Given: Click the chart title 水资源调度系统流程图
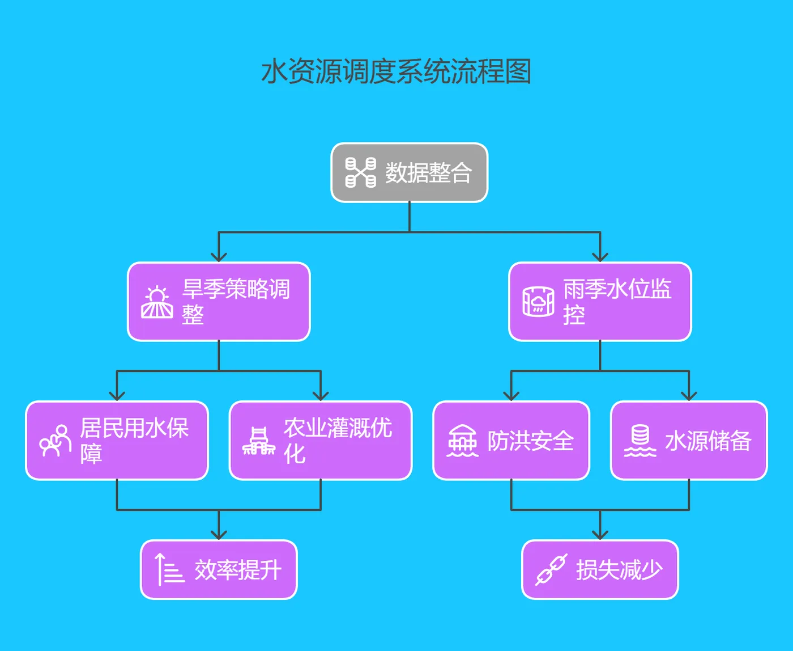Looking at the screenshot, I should [396, 72].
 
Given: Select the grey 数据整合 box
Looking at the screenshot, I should [409, 172].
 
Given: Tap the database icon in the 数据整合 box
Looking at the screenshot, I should [361, 172].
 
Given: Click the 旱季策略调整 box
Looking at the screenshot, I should [219, 301].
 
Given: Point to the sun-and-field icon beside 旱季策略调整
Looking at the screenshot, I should [157, 302].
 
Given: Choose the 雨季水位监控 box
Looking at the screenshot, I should [600, 301].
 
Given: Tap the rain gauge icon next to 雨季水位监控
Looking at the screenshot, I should [538, 302].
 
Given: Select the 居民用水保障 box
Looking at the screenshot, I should [117, 441].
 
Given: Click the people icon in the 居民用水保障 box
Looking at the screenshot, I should [54, 441].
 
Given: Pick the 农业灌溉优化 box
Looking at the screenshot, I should [321, 441].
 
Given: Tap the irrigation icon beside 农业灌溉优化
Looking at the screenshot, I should [259, 441].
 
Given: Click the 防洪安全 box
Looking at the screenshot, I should [511, 441].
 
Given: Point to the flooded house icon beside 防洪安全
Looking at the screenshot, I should [463, 441].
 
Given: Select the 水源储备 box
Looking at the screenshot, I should [689, 441].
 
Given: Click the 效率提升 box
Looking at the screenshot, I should [219, 569].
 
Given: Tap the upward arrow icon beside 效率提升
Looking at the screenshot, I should [169, 569].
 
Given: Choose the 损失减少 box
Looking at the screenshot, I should [600, 569].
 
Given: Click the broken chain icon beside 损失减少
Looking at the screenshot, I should [551, 569].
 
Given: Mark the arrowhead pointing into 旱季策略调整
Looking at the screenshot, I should [219, 257].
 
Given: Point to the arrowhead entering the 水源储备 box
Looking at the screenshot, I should [689, 396].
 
